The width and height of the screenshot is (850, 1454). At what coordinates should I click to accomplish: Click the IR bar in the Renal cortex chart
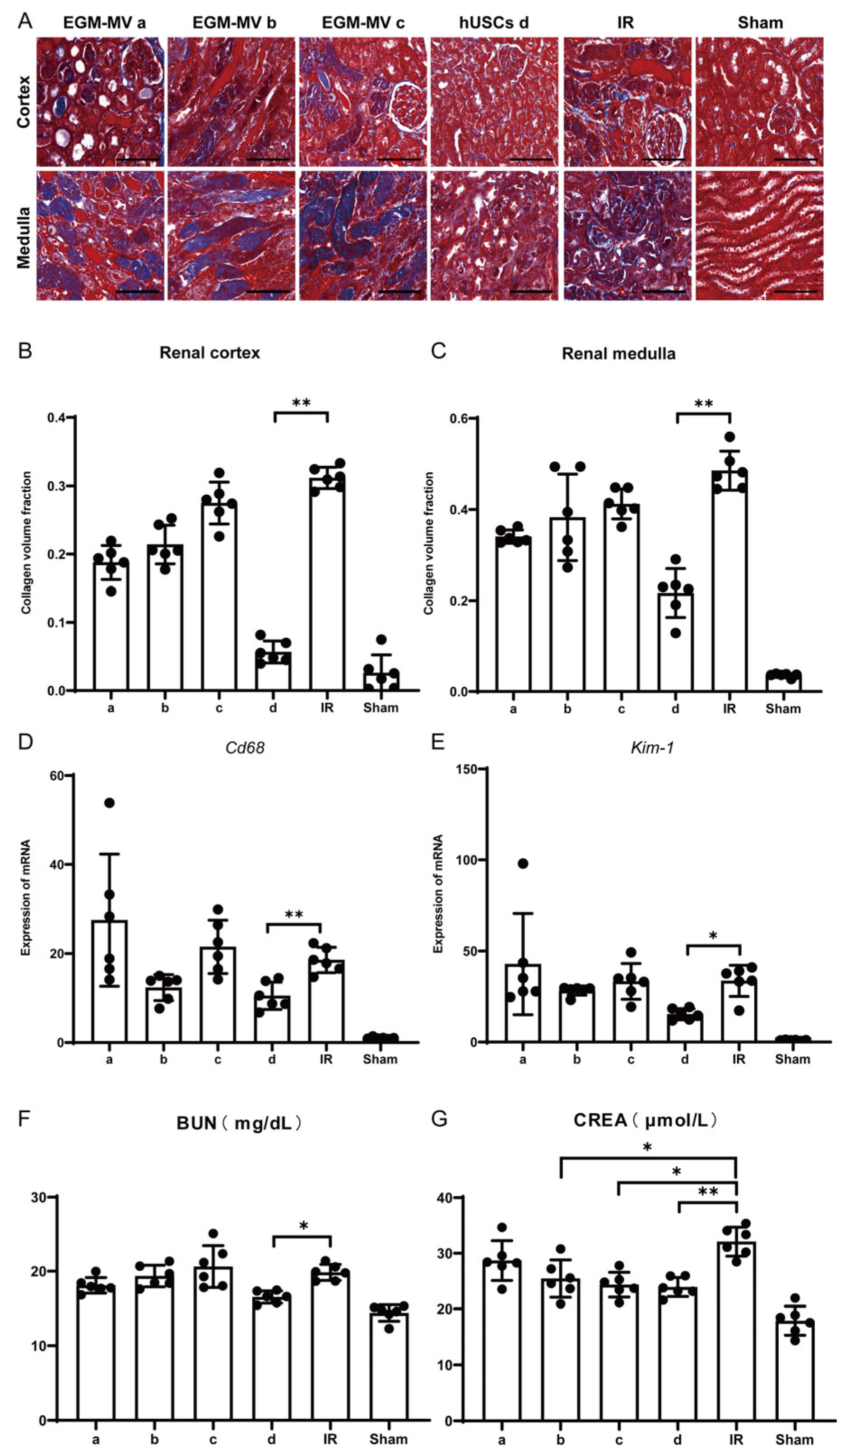327,583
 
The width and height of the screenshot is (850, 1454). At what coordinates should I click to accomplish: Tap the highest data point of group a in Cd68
109,803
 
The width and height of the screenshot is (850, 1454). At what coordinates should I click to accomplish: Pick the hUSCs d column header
493,23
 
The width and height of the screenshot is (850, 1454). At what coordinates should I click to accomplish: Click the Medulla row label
23,237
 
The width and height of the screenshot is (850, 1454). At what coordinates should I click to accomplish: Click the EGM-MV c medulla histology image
363,235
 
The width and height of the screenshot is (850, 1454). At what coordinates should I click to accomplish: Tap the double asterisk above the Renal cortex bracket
301,403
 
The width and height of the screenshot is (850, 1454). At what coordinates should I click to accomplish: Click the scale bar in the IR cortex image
663,159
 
